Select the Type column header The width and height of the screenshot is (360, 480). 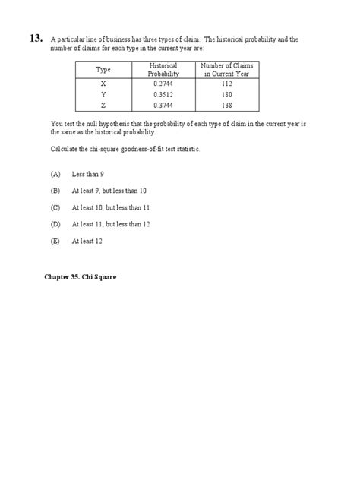pos(103,70)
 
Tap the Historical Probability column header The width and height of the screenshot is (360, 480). pos(163,70)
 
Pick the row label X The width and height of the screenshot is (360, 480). pos(103,84)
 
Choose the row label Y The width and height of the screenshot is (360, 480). pos(103,94)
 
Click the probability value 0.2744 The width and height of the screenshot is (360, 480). pos(163,84)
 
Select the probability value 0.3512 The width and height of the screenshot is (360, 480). pos(163,94)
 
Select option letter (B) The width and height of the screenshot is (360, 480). pos(55,190)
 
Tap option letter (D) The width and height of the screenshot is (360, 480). pos(55,224)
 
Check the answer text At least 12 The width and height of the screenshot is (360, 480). pos(87,241)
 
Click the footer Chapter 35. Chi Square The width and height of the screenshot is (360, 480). pos(79,277)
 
